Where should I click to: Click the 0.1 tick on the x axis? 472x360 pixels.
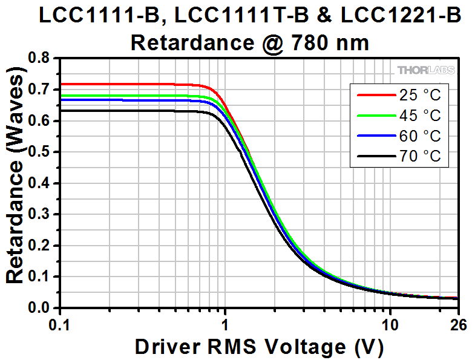tap(61, 325)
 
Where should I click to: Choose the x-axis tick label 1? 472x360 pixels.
tap(225, 325)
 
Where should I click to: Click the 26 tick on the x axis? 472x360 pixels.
tap(458, 325)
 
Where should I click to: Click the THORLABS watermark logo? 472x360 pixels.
tap(427, 71)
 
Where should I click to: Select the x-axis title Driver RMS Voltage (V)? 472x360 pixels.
tap(259, 347)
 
